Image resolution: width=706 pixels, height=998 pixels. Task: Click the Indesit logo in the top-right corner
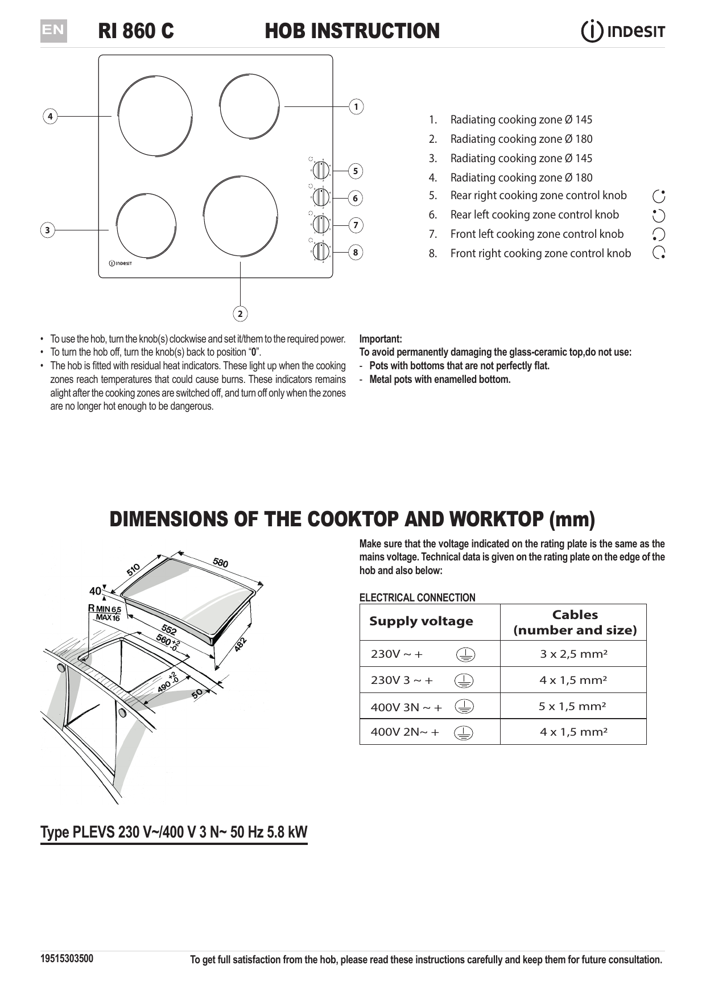pyautogui.click(x=623, y=31)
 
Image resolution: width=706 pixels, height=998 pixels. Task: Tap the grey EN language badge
pyautogui.click(x=53, y=31)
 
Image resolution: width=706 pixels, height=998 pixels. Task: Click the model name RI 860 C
pyautogui.click(x=136, y=31)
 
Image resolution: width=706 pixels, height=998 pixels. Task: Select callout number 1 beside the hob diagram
pyautogui.click(x=356, y=106)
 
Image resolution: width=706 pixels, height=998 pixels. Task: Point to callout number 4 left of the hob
pyautogui.click(x=50, y=117)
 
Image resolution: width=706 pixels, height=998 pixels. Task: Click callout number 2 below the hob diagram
pyautogui.click(x=240, y=314)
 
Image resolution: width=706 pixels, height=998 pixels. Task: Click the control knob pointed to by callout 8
pyautogui.click(x=321, y=251)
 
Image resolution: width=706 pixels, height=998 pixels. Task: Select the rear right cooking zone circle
pyautogui.click(x=249, y=106)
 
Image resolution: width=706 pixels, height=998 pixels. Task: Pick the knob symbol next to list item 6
pyautogui.click(x=659, y=215)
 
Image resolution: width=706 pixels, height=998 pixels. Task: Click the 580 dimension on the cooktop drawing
pyautogui.click(x=221, y=563)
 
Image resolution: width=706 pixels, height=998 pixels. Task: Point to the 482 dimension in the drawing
pyautogui.click(x=241, y=644)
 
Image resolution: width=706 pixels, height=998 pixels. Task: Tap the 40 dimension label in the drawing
pyautogui.click(x=95, y=591)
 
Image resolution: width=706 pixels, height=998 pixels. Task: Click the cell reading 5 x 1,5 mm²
pyautogui.click(x=573, y=706)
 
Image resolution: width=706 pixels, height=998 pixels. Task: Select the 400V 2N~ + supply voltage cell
pyautogui.click(x=404, y=732)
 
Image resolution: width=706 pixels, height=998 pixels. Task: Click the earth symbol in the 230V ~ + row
pyautogui.click(x=465, y=655)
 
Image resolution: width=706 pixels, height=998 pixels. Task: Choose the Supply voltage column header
pyautogui.click(x=421, y=621)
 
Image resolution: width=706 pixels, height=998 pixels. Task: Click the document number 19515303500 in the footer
pyautogui.click(x=67, y=958)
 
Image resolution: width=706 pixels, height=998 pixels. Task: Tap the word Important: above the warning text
pyautogui.click(x=381, y=339)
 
